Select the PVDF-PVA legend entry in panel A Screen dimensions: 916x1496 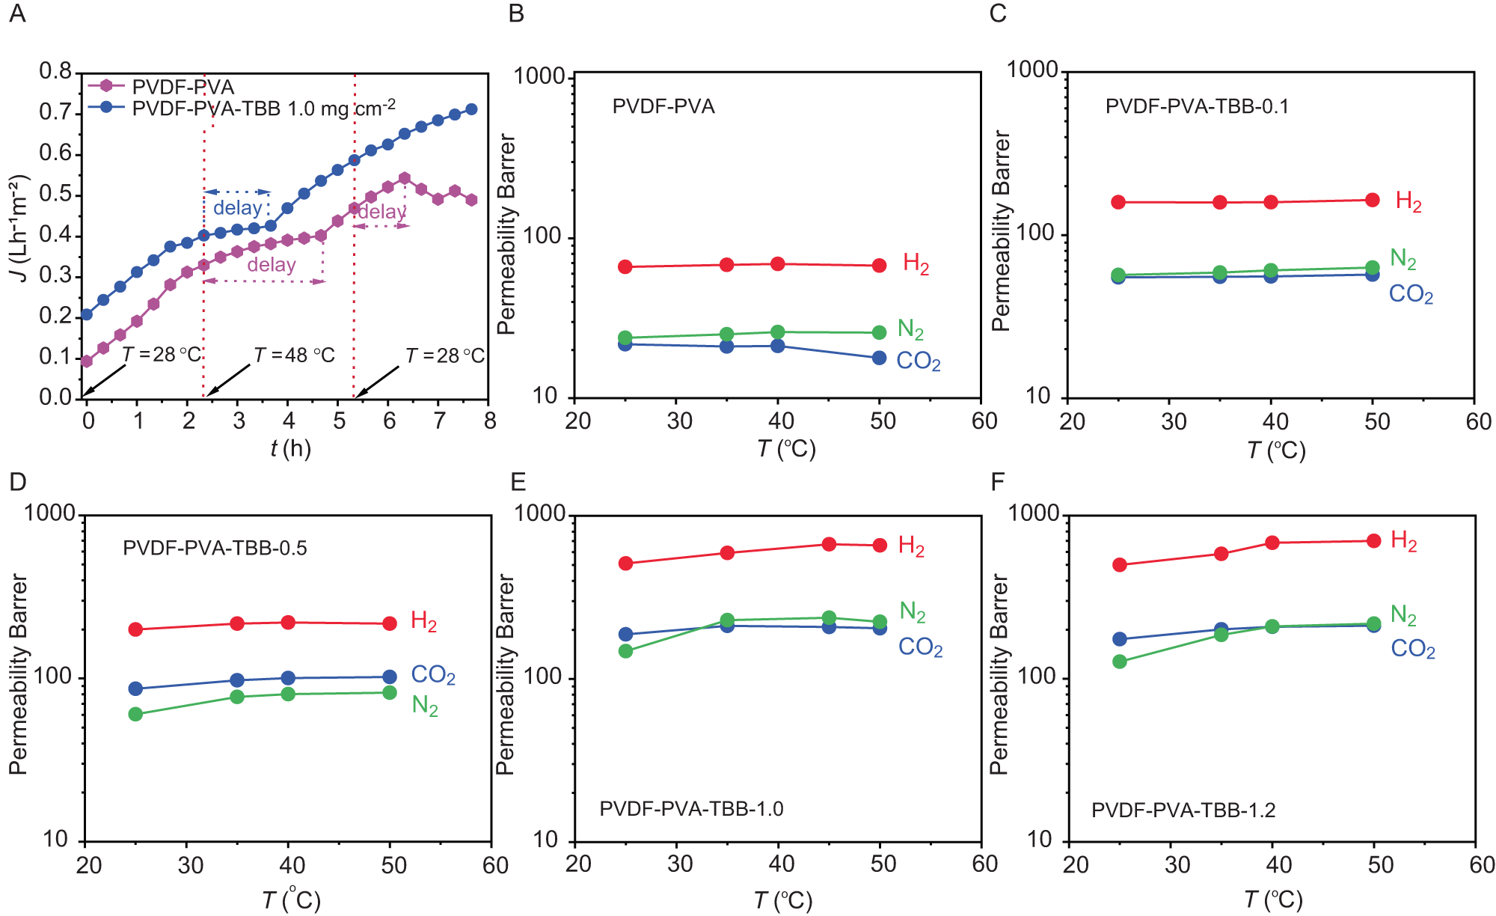183,87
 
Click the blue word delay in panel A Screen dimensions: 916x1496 237,208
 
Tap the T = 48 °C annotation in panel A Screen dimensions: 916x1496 294,355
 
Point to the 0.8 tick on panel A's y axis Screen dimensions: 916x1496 55,72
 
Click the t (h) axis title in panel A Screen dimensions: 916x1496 290,448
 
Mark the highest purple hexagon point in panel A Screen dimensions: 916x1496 404,178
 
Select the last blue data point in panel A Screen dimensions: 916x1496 471,109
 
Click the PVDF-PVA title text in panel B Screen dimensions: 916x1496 663,106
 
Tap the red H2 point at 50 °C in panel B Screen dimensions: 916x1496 880,266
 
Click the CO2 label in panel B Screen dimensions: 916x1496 918,361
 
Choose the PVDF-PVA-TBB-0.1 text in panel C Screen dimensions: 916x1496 1197,106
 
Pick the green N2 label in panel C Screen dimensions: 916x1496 1402,259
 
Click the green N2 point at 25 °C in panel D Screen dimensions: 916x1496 135,714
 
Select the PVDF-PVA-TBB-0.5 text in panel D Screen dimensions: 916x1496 215,549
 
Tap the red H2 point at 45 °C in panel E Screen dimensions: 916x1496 829,544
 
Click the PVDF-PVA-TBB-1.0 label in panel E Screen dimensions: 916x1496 691,809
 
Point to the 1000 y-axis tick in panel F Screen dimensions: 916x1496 1034,513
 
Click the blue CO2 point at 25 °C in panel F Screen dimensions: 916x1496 1120,639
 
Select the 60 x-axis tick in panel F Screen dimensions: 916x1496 1481,864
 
